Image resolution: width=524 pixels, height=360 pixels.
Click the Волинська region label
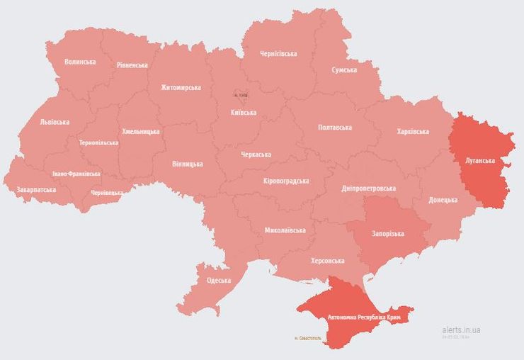(80, 62)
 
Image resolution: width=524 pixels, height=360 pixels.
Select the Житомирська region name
(181, 88)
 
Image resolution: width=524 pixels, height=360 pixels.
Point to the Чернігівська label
(278, 54)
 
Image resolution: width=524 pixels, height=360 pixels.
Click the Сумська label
(344, 70)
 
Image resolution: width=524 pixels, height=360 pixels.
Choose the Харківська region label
(413, 132)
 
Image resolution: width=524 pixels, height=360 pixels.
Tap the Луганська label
(480, 161)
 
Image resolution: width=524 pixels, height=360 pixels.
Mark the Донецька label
(443, 200)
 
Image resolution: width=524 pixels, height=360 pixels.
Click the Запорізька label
(387, 234)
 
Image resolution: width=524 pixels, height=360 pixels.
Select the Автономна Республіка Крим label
(365, 317)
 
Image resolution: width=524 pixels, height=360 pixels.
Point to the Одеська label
(219, 281)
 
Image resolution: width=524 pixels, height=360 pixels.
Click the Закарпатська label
(35, 190)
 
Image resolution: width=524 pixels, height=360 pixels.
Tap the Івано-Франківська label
(76, 174)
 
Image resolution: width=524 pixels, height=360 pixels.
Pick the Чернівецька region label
(107, 193)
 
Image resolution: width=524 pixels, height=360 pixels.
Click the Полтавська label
(335, 128)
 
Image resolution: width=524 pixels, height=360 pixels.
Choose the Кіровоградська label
(286, 181)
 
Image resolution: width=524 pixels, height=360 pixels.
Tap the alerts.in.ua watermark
(461, 330)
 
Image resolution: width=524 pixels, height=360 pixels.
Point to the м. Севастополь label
(307, 339)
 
